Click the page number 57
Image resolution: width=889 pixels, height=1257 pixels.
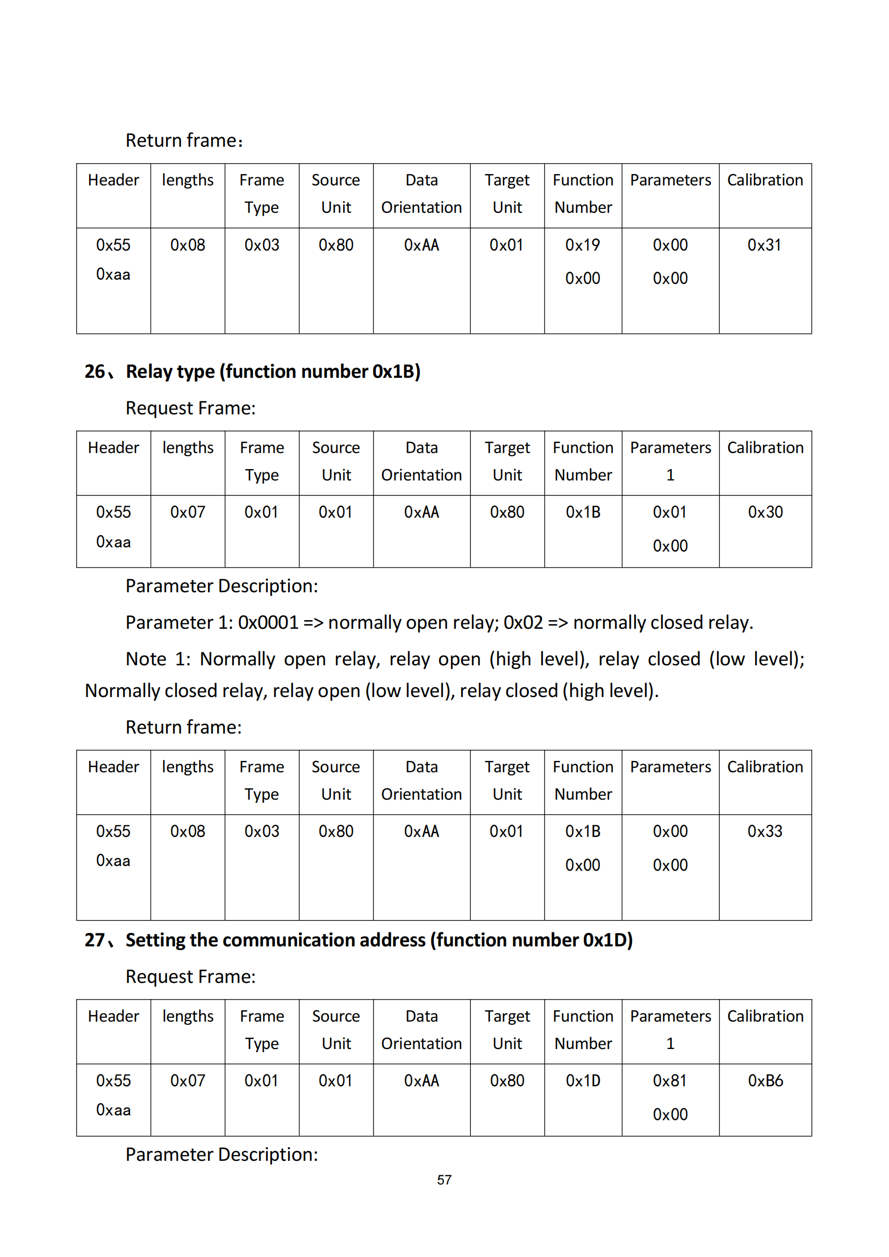(444, 1179)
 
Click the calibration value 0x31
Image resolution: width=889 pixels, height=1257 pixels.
(764, 245)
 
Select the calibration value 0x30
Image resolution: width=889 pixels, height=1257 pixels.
(765, 512)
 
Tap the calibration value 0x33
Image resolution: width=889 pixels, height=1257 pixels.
(764, 831)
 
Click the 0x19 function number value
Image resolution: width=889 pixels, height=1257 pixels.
(583, 245)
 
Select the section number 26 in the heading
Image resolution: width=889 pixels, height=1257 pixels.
(95, 372)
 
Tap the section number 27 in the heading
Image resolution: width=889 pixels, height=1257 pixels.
(95, 940)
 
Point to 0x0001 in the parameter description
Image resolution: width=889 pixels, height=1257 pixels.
(268, 622)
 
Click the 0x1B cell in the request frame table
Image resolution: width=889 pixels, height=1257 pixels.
(583, 512)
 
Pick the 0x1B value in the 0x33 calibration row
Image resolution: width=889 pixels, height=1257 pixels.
(583, 831)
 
